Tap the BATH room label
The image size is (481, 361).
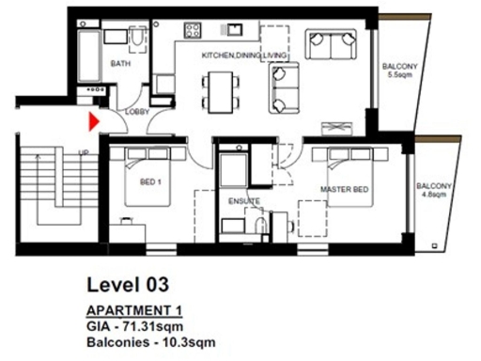click(x=120, y=65)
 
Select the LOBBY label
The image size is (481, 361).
click(x=137, y=113)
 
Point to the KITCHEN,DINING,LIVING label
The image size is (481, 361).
click(x=243, y=56)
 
